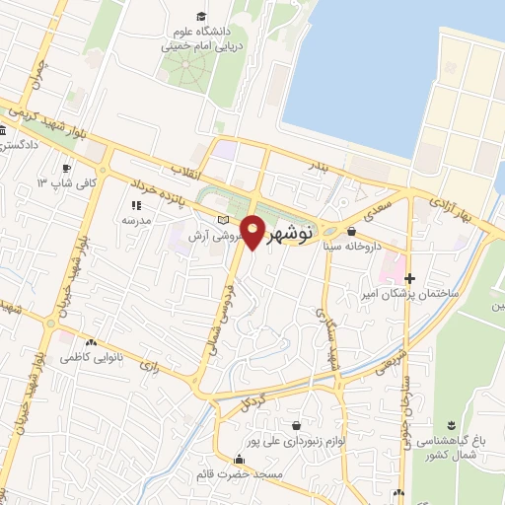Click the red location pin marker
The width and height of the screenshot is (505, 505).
point(253,232)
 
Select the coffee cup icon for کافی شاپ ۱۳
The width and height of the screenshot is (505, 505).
point(66,168)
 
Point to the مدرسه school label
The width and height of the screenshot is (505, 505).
point(135,221)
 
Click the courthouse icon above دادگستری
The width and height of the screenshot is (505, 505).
point(5,131)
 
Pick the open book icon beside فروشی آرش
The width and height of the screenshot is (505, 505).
point(223,219)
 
